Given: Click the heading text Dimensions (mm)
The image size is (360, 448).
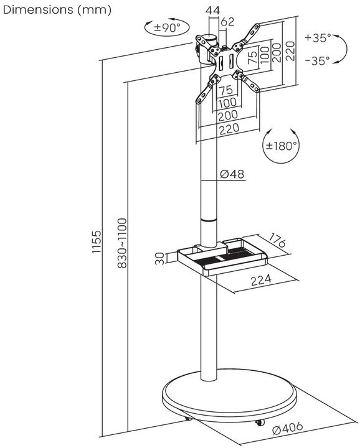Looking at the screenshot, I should click(x=57, y=10).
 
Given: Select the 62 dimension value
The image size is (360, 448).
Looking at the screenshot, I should click(x=228, y=23).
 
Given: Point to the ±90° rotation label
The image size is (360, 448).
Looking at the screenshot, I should click(x=167, y=27).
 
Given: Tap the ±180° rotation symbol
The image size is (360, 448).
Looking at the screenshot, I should click(x=282, y=146).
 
